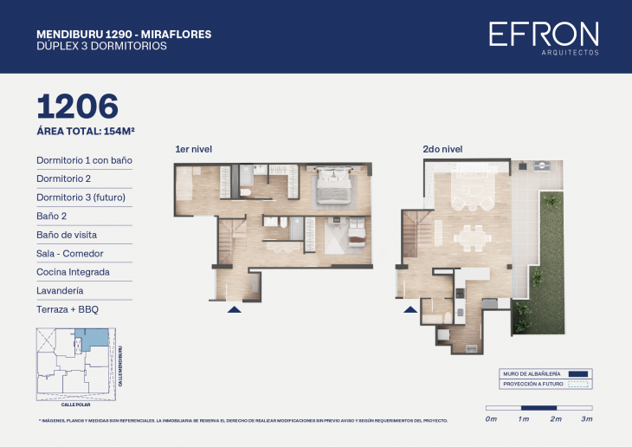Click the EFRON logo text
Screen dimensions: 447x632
tap(543, 34)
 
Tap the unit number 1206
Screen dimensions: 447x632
tap(77, 107)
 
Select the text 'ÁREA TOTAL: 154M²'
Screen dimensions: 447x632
tap(85, 132)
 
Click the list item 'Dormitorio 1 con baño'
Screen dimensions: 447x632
tap(84, 160)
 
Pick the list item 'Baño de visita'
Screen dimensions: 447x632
tap(67, 235)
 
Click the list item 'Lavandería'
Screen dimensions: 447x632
tap(61, 290)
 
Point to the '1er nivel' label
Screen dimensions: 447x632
tap(193, 150)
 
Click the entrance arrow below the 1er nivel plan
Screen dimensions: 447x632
tap(234, 308)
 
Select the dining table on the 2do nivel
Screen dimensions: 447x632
tap(472, 236)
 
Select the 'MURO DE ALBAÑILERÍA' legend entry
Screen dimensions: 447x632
tap(546, 373)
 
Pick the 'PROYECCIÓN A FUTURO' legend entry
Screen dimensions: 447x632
tap(546, 384)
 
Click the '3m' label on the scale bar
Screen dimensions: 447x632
tap(587, 419)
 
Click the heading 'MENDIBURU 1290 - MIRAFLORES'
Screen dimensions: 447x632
tap(124, 35)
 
